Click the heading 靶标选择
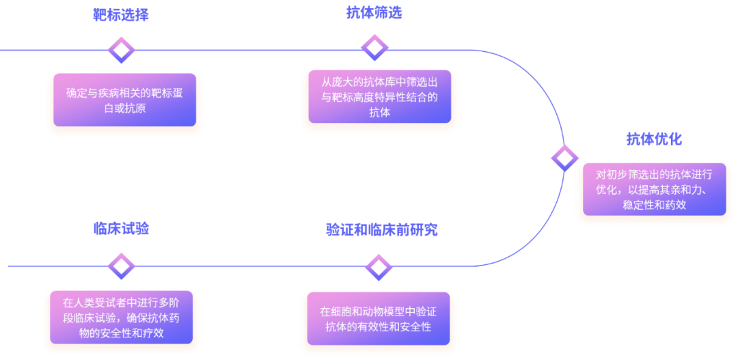click(x=121, y=15)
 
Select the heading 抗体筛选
click(x=374, y=13)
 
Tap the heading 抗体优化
click(x=654, y=139)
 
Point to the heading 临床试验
click(x=121, y=228)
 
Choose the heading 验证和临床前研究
click(x=381, y=230)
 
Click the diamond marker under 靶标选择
click(x=122, y=50)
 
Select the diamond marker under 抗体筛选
click(x=374, y=48)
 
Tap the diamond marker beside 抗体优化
click(x=564, y=158)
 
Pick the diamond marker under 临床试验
click(x=122, y=266)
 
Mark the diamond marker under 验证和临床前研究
click(x=379, y=266)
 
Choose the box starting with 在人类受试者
click(x=122, y=318)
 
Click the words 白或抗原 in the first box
click(x=124, y=109)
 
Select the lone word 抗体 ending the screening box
click(x=379, y=113)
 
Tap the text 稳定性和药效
click(x=654, y=204)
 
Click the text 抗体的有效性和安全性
click(x=379, y=327)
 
